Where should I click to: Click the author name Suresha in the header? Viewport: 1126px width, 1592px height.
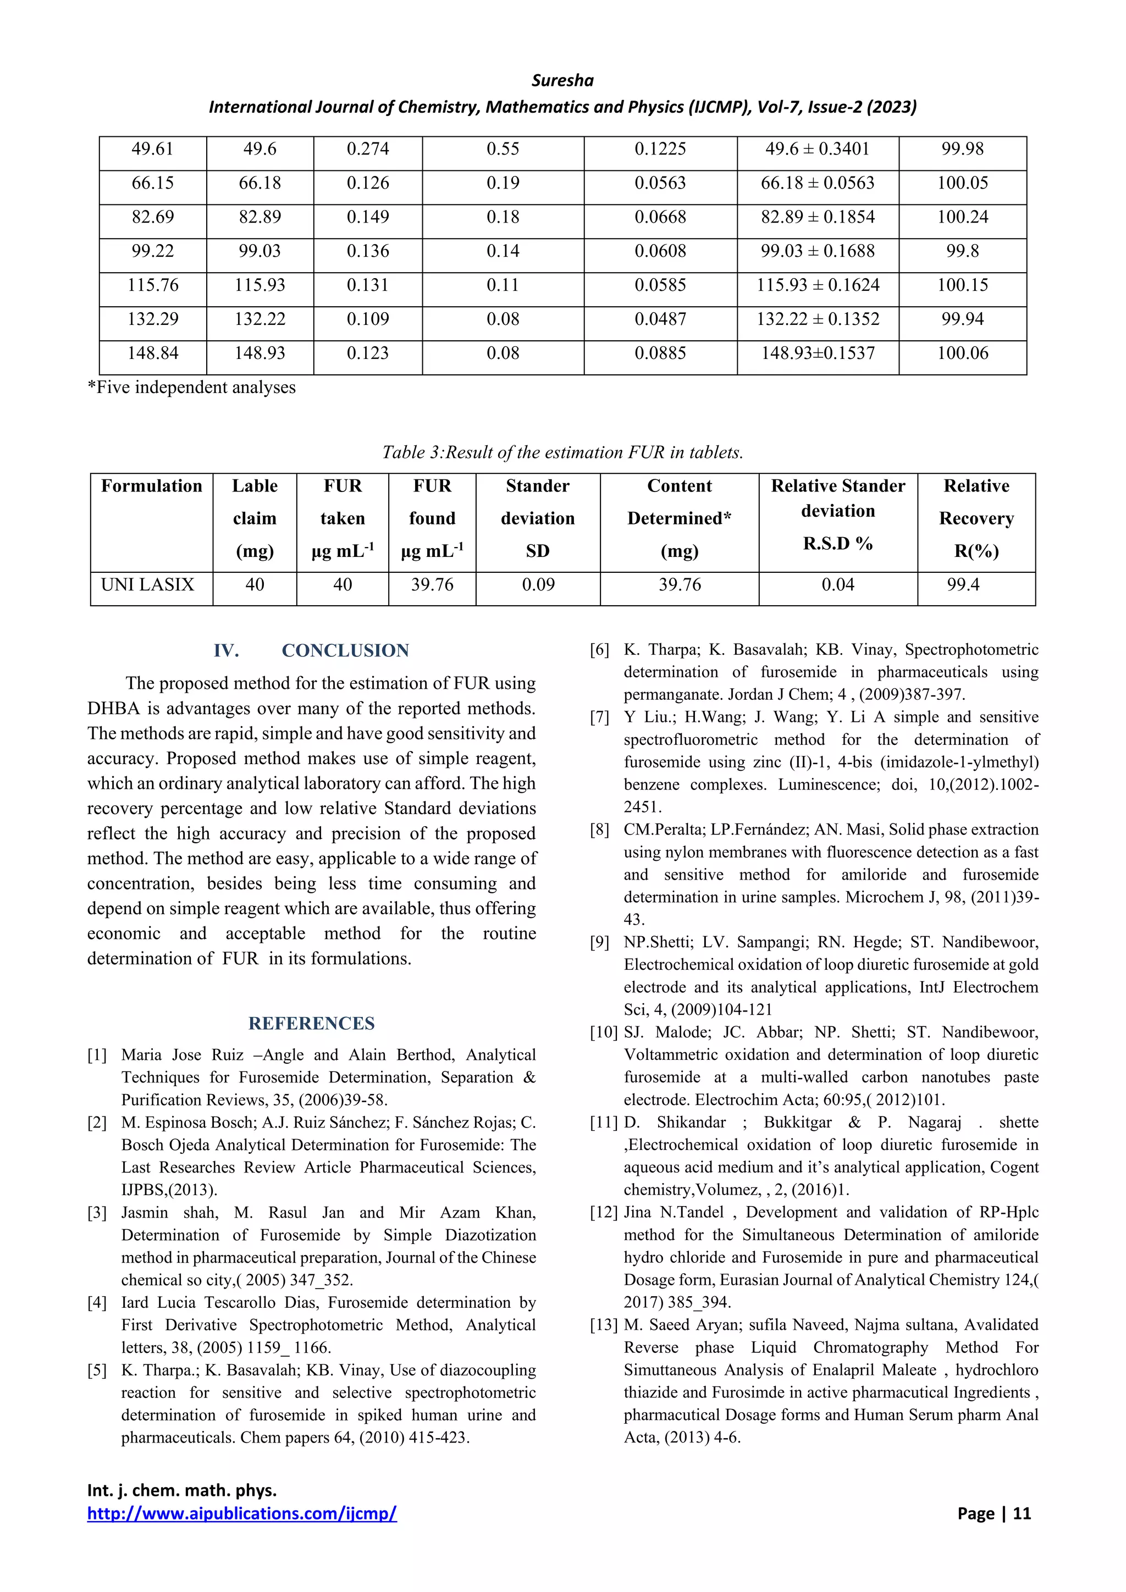coord(562,80)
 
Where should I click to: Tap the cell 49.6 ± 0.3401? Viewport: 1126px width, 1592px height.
coord(818,149)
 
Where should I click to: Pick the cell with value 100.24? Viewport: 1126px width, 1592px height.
coord(962,217)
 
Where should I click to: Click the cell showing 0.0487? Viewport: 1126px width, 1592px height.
coord(660,319)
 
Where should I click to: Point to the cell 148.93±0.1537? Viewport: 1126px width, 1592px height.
coord(818,353)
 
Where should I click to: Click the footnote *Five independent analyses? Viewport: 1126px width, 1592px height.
coord(191,387)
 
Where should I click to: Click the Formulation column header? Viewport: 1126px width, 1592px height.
coord(151,486)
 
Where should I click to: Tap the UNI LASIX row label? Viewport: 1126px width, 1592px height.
coord(148,584)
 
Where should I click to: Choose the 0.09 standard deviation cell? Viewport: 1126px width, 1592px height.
coord(538,584)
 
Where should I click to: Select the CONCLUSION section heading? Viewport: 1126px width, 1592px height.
coord(345,650)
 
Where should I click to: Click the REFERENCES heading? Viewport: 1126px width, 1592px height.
coord(311,1024)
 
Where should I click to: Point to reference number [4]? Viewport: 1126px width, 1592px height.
coord(97,1303)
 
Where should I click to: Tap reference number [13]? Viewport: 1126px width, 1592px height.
coord(603,1325)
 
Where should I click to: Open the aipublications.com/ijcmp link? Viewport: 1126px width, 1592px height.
coord(242,1513)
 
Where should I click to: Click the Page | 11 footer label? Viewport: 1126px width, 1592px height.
coord(993,1513)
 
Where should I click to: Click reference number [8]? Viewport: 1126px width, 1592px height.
coord(600,830)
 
